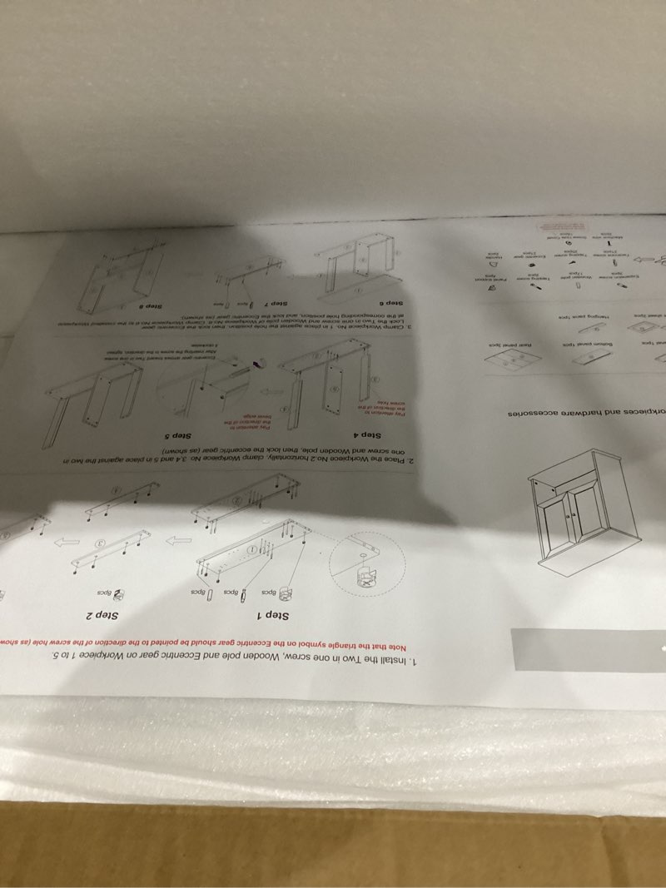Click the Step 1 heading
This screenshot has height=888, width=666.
pos(271,616)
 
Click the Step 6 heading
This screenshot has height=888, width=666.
pos(390,305)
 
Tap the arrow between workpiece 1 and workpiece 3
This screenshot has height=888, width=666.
pos(176,543)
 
